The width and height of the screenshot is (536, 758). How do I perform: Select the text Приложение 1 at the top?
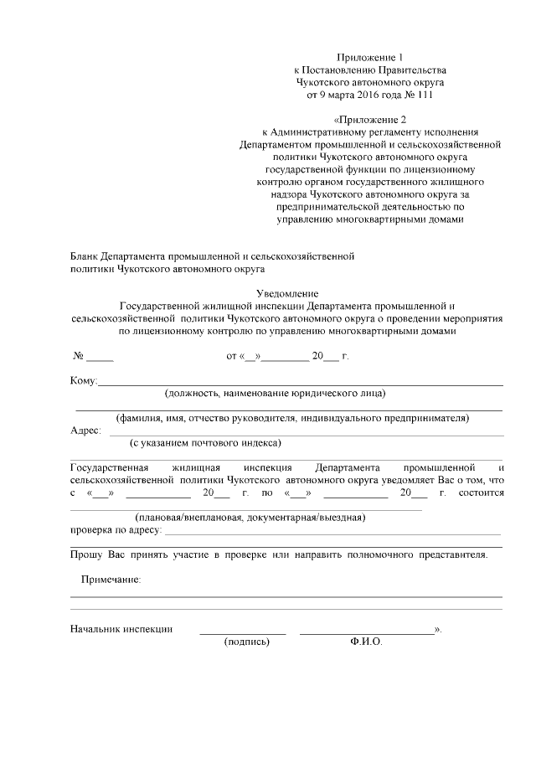[x=369, y=55]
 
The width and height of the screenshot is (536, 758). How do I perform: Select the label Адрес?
[x=85, y=431]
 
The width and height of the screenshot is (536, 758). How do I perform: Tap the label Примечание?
[x=110, y=580]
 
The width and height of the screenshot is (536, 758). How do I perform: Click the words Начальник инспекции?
[x=121, y=629]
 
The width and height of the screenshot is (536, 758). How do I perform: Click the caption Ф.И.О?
[x=367, y=642]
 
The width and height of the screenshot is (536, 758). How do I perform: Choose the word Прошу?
[x=86, y=555]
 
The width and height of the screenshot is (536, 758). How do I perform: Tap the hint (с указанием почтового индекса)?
[x=205, y=442]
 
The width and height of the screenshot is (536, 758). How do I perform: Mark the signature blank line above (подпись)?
[x=243, y=632]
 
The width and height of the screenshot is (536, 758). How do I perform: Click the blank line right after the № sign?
[x=100, y=358]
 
